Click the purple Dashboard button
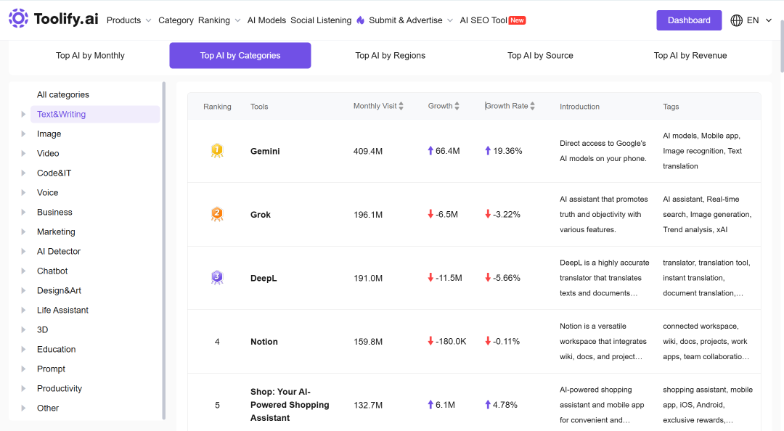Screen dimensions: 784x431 689,20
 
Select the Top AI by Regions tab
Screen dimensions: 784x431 390,55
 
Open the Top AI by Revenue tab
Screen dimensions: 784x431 690,55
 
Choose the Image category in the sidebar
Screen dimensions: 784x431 49,134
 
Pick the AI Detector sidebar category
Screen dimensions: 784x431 59,252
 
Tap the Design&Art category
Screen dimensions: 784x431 59,290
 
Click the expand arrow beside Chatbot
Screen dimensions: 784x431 23,271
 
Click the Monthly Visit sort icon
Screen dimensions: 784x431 401,106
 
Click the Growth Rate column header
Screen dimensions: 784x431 507,106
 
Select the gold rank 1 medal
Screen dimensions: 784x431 217,150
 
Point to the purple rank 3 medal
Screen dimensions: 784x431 217,277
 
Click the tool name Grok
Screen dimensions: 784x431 261,215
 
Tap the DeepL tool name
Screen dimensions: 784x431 264,278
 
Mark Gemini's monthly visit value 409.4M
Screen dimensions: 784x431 368,151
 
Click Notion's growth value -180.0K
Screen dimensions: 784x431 451,342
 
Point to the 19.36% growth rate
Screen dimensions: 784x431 507,151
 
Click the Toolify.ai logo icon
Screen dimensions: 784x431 18,18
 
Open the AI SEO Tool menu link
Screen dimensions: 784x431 483,20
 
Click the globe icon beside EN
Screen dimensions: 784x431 737,20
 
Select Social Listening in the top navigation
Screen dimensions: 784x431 321,20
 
